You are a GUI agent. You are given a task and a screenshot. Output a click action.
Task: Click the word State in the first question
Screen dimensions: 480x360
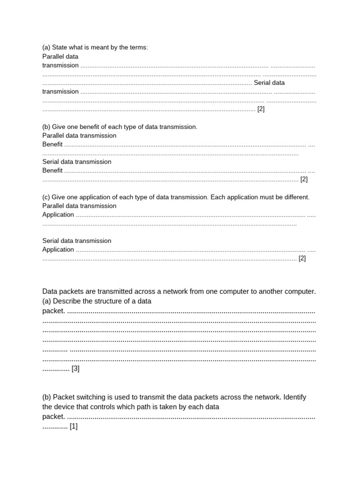pyautogui.click(x=60, y=47)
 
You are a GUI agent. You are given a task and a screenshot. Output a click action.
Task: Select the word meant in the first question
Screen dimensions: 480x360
pyautogui.click(x=98, y=47)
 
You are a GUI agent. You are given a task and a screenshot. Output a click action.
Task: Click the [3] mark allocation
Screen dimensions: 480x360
pyautogui.click(x=75, y=368)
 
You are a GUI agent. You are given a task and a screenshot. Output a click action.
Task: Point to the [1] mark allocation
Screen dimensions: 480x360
pyautogui.click(x=74, y=426)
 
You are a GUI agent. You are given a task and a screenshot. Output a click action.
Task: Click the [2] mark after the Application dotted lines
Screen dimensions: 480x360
pyautogui.click(x=302, y=258)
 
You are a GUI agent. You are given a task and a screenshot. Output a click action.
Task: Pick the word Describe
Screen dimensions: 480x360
pyautogui.click(x=67, y=301)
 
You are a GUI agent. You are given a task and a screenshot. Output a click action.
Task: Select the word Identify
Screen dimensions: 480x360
pyautogui.click(x=295, y=397)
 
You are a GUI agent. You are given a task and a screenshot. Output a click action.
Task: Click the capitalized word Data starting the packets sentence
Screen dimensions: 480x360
pyautogui.click(x=51, y=291)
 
